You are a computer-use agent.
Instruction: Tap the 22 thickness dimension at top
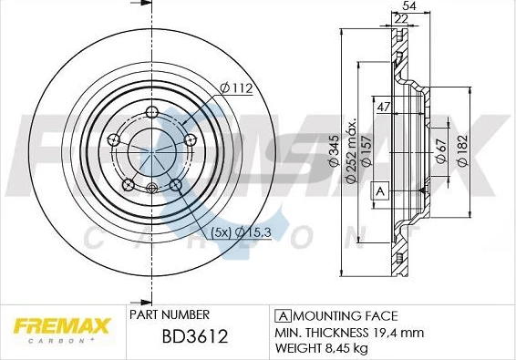[401, 19]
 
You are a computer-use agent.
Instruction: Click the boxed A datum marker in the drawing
[378, 191]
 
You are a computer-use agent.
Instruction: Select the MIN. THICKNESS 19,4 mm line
[349, 332]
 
